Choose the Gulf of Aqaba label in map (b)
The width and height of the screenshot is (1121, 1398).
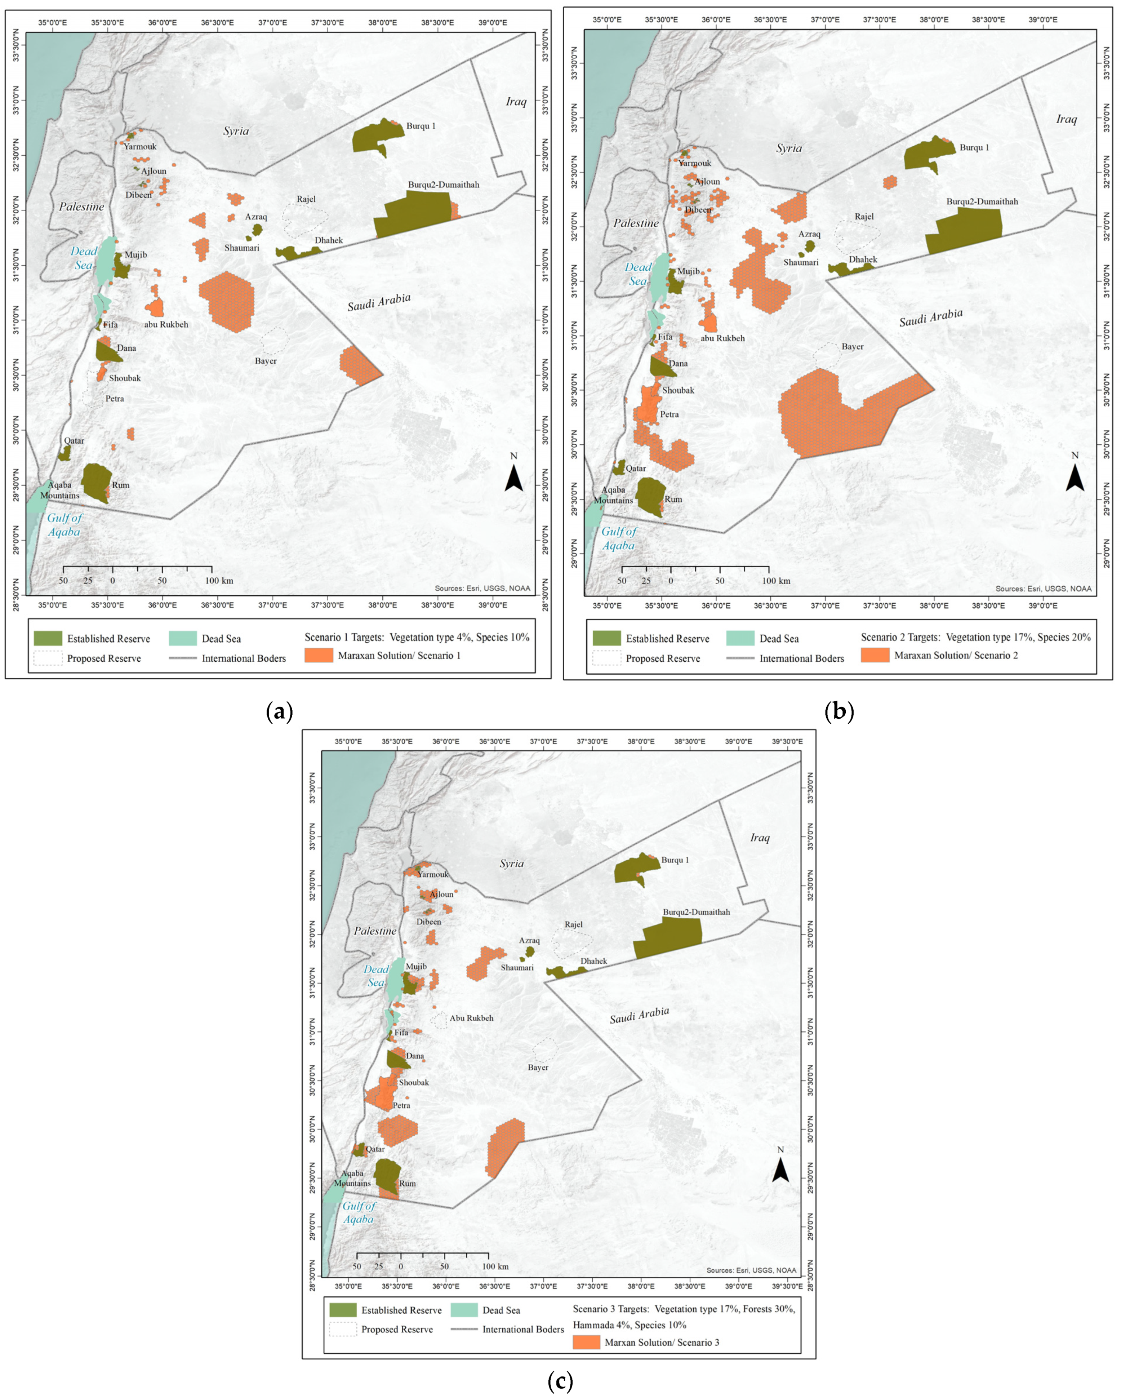pyautogui.click(x=619, y=538)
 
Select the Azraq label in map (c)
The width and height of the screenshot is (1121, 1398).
pyautogui.click(x=529, y=940)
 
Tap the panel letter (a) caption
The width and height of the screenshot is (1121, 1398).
pyautogui.click(x=280, y=712)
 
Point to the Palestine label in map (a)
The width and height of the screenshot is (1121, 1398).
pyautogui.click(x=82, y=207)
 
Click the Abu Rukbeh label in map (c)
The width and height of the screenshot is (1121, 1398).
pyautogui.click(x=471, y=1018)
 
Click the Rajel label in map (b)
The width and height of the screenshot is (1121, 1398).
pyautogui.click(x=864, y=217)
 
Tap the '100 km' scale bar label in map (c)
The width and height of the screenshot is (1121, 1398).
pyautogui.click(x=495, y=1266)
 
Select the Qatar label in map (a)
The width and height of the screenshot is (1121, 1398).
pyautogui.click(x=74, y=441)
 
